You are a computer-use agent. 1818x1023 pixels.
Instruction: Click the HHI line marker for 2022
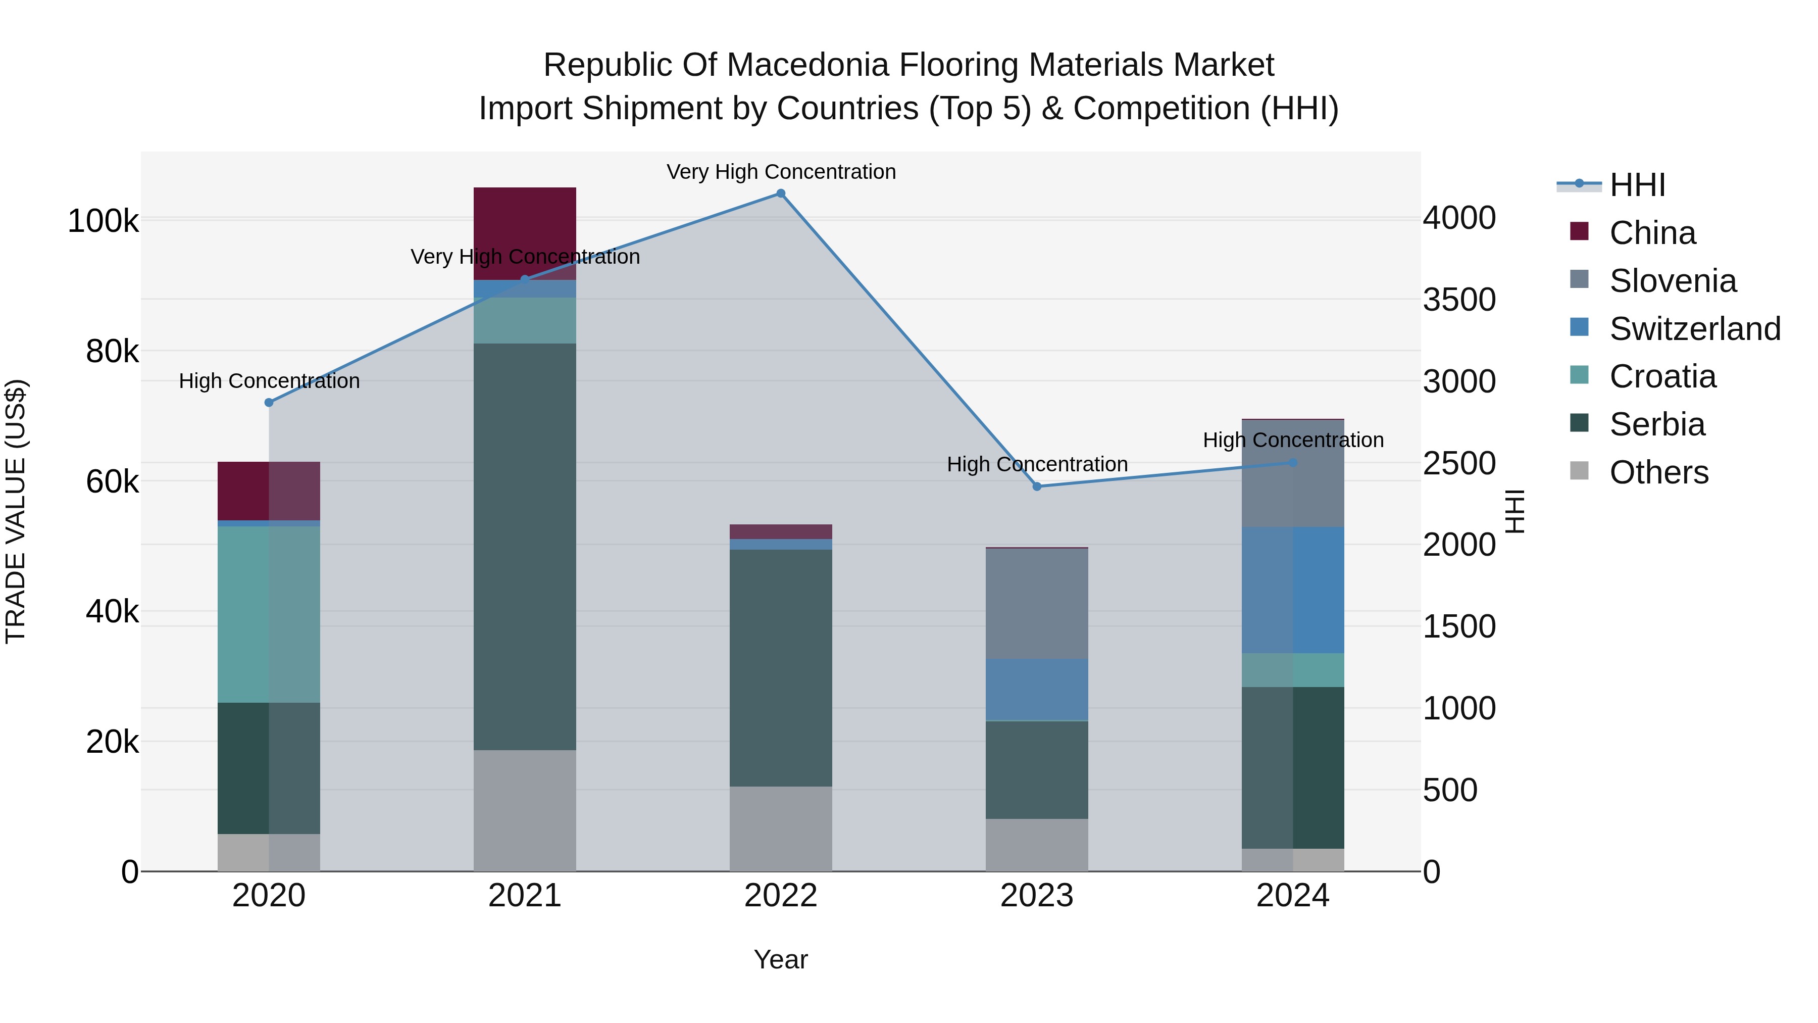[781, 193]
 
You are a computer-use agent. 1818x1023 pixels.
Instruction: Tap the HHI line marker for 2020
[269, 403]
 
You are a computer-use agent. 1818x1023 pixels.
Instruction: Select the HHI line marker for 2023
[1037, 486]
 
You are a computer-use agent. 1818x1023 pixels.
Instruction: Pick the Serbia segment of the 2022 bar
[781, 667]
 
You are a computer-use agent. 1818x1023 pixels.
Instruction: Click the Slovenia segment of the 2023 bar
[1037, 604]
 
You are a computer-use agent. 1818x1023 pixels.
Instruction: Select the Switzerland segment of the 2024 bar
[1293, 590]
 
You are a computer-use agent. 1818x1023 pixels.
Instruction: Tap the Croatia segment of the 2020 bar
[269, 614]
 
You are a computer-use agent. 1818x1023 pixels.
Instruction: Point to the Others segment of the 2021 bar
[524, 810]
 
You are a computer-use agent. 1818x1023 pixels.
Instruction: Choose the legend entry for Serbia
[1656, 425]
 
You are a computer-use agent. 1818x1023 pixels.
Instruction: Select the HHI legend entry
[1637, 185]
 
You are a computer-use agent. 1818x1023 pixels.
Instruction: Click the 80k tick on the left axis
[112, 352]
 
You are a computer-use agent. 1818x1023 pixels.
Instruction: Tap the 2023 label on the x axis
[1037, 896]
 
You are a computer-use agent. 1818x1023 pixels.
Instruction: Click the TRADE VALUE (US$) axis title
[16, 511]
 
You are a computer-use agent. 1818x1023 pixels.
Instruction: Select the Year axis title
[781, 959]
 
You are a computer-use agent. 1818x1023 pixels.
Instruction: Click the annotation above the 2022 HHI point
[781, 172]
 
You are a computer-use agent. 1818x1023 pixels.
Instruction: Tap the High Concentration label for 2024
[1293, 440]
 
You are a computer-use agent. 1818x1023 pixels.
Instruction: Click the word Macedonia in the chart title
[817, 65]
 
